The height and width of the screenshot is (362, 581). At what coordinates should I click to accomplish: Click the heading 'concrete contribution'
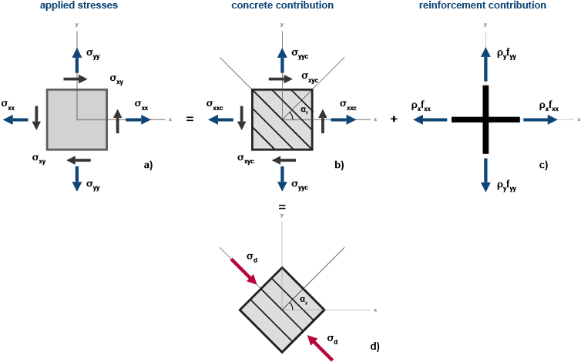pyautogui.click(x=282, y=5)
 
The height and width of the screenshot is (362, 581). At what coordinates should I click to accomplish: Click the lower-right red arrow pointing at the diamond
pyautogui.click(x=321, y=348)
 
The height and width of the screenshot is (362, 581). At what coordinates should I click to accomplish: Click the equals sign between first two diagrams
pyautogui.click(x=189, y=120)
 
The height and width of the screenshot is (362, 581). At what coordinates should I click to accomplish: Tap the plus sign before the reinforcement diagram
pyautogui.click(x=394, y=120)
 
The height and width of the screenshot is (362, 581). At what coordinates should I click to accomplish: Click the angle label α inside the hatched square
pyautogui.click(x=304, y=111)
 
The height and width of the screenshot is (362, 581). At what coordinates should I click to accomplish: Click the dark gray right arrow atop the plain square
pyautogui.click(x=76, y=79)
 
